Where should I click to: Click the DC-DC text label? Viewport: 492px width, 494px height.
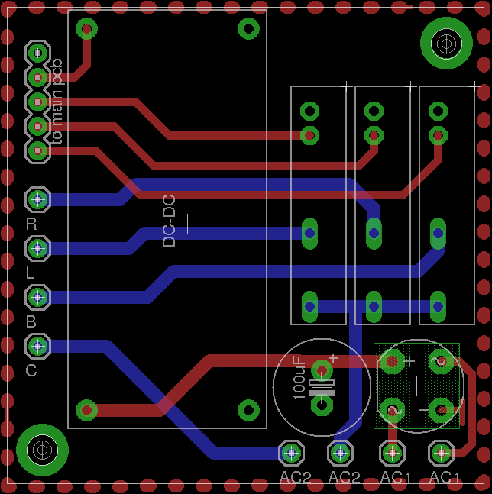tap(170, 221)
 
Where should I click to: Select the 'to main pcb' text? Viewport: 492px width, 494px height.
tap(57, 101)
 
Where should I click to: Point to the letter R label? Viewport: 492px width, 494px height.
tap(31, 224)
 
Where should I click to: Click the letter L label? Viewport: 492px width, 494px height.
tap(31, 273)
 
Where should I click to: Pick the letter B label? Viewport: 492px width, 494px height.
tap(31, 321)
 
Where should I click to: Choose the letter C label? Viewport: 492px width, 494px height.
tap(31, 370)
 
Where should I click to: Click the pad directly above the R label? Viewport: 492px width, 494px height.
tap(37, 200)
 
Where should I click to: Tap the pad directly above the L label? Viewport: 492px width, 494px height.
tap(37, 248)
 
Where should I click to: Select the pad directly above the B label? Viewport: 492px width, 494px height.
tap(37, 297)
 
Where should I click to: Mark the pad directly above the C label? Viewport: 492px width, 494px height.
tap(37, 346)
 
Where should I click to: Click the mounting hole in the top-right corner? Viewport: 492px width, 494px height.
tap(446, 44)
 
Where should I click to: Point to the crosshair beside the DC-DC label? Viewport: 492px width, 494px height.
tap(187, 223)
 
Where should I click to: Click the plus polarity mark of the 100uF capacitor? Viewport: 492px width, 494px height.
tap(333, 358)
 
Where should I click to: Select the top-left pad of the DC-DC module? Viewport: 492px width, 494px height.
tap(87, 29)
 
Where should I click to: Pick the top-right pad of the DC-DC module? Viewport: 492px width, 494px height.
tap(248, 29)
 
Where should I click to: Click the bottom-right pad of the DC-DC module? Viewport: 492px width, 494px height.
tap(248, 410)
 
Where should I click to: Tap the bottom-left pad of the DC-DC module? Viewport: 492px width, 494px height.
tap(87, 410)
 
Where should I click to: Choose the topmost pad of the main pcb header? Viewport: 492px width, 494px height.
tap(37, 53)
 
